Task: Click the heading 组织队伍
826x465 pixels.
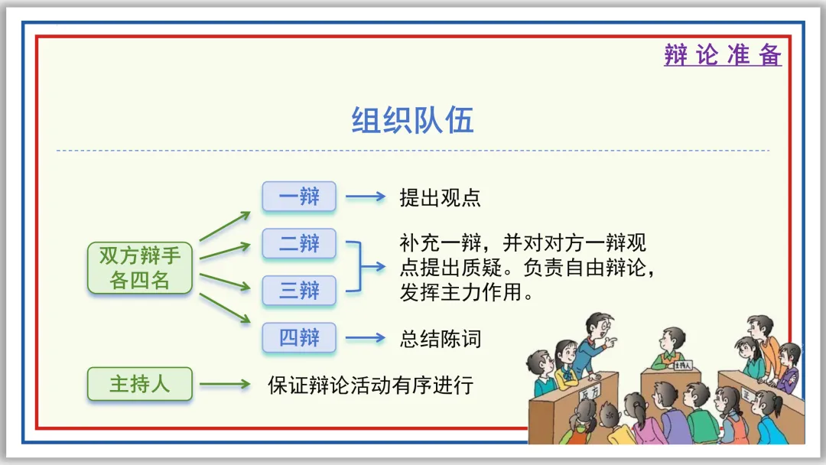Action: pyautogui.click(x=413, y=121)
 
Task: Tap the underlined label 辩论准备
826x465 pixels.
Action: pyautogui.click(x=723, y=55)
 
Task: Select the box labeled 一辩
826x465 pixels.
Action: pyautogui.click(x=299, y=197)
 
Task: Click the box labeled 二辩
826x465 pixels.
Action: pyautogui.click(x=299, y=244)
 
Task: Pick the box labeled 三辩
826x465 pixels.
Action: pyautogui.click(x=299, y=291)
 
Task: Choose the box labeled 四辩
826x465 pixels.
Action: pyautogui.click(x=299, y=337)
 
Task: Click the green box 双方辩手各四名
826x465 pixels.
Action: pyautogui.click(x=139, y=268)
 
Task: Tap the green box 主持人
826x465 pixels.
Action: pyautogui.click(x=139, y=383)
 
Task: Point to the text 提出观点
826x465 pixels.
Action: pyautogui.click(x=440, y=197)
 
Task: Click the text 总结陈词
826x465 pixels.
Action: pyautogui.click(x=440, y=338)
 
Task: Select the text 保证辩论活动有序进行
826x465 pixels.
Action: pyautogui.click(x=371, y=384)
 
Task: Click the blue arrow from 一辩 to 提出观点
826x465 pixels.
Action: pyautogui.click(x=366, y=197)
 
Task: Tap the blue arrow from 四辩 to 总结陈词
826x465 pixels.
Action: pyautogui.click(x=366, y=337)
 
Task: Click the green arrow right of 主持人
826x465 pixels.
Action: pyautogui.click(x=225, y=384)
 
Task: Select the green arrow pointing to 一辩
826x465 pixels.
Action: pyautogui.click(x=225, y=226)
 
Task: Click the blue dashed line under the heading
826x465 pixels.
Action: pyautogui.click(x=413, y=151)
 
